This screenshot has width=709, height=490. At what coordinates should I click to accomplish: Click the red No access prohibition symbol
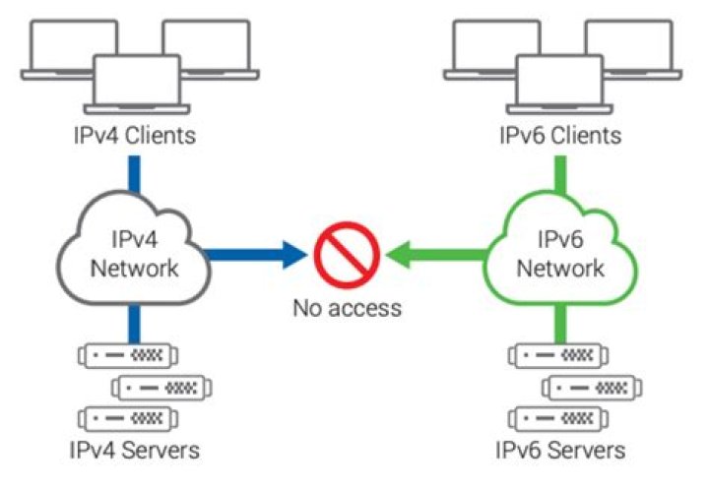347,253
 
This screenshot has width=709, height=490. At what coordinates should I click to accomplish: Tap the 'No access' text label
347,308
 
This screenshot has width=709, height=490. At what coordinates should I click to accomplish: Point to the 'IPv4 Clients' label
133,135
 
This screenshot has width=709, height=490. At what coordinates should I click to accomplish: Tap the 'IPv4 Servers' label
134,451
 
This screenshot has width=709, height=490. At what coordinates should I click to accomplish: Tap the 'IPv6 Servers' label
560,451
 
